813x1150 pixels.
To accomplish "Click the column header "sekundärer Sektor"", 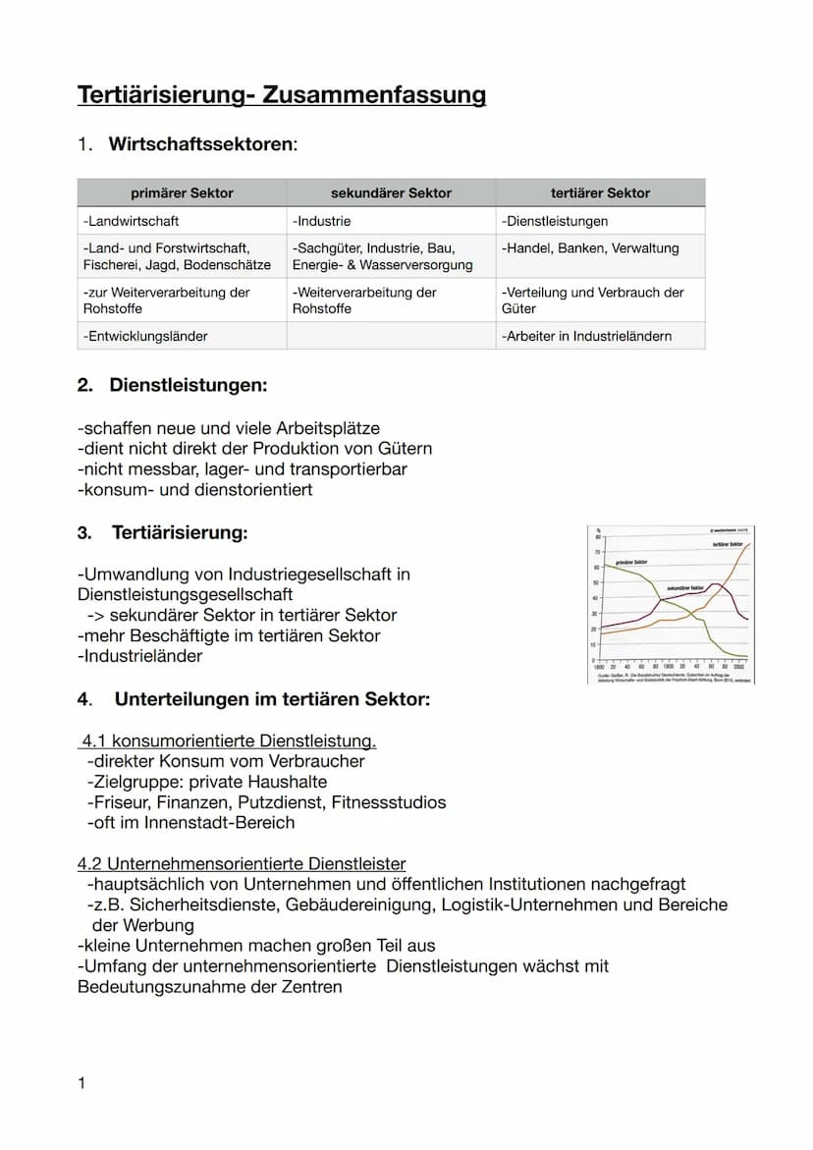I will (391, 192).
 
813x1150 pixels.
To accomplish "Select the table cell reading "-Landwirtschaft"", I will (132, 221).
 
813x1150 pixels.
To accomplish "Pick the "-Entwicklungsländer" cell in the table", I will (145, 336).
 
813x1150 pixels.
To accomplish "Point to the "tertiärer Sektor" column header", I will (600, 192).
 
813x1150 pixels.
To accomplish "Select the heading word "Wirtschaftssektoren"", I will (200, 144).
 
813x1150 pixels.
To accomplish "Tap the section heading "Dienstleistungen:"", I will (188, 386).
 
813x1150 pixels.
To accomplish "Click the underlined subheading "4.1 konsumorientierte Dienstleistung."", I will (229, 740).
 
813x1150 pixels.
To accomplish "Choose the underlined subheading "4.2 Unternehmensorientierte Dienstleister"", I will (242, 864).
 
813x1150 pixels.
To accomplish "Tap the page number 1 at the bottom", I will (81, 1083).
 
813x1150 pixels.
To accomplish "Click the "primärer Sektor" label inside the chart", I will (631, 562).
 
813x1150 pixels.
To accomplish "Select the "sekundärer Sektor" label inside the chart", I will (685, 587).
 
